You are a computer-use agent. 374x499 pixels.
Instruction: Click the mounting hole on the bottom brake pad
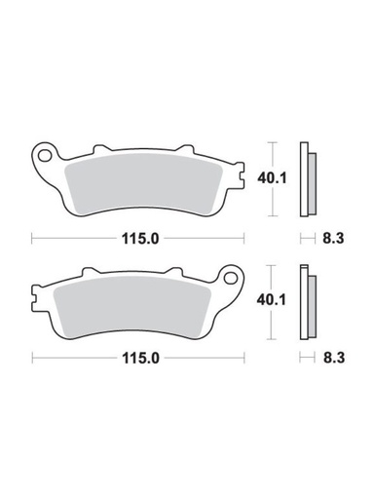point(232,277)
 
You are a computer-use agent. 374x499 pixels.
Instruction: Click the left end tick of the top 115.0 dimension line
point(32,237)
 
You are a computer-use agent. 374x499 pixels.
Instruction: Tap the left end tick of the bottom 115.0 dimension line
point(32,359)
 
